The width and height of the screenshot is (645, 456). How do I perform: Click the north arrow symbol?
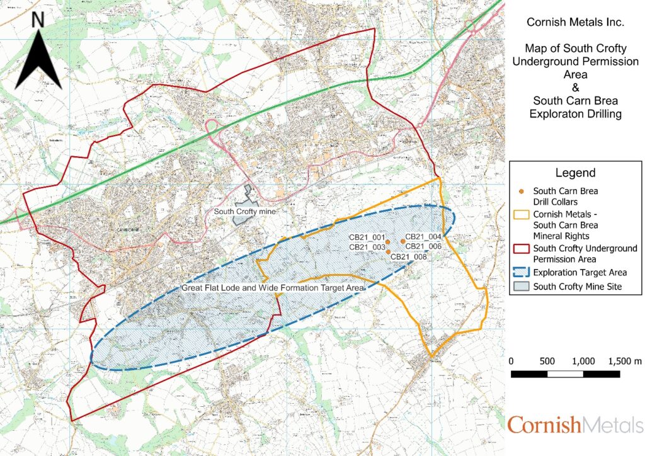(x=38, y=60)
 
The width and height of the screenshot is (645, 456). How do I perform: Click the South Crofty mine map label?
(x=245, y=212)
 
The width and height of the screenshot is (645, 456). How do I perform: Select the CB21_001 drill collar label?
(x=367, y=237)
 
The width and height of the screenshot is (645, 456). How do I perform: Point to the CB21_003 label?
(x=367, y=247)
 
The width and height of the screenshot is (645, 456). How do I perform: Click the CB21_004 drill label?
(x=423, y=237)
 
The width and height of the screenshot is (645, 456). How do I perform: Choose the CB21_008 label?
(x=409, y=256)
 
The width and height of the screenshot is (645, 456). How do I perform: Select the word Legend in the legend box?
(x=575, y=173)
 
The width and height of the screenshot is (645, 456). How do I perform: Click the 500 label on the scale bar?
(x=547, y=362)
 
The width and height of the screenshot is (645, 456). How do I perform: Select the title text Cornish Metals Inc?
(x=575, y=22)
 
